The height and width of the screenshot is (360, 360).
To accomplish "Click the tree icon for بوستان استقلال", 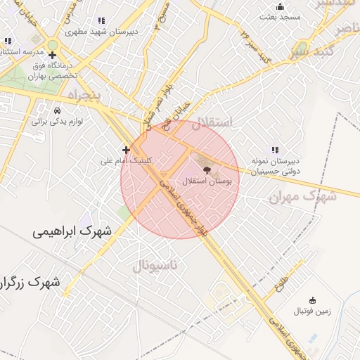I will point(205,169).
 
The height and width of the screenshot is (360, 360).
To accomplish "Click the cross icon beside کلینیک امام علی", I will point(126,149).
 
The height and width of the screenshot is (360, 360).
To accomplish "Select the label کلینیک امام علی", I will point(126,160).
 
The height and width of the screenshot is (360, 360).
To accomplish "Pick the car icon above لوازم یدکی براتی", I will point(57,110).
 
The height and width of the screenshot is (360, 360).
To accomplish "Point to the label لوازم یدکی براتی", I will point(57,121).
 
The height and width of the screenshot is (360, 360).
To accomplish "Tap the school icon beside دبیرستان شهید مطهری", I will point(101,21).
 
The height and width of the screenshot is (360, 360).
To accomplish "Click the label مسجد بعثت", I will point(280,15).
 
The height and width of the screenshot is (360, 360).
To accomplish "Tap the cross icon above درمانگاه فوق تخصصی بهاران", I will point(52,55).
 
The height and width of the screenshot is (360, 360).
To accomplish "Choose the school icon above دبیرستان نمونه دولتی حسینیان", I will point(275,149).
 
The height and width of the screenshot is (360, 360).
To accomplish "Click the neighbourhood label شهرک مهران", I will point(302,196).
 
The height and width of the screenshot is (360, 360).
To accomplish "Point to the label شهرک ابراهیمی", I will point(72,230).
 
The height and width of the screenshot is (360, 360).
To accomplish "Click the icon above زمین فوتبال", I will point(303,300).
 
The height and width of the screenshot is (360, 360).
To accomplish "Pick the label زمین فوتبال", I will point(303,310).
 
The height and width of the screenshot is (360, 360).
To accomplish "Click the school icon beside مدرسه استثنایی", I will point(8,41).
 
